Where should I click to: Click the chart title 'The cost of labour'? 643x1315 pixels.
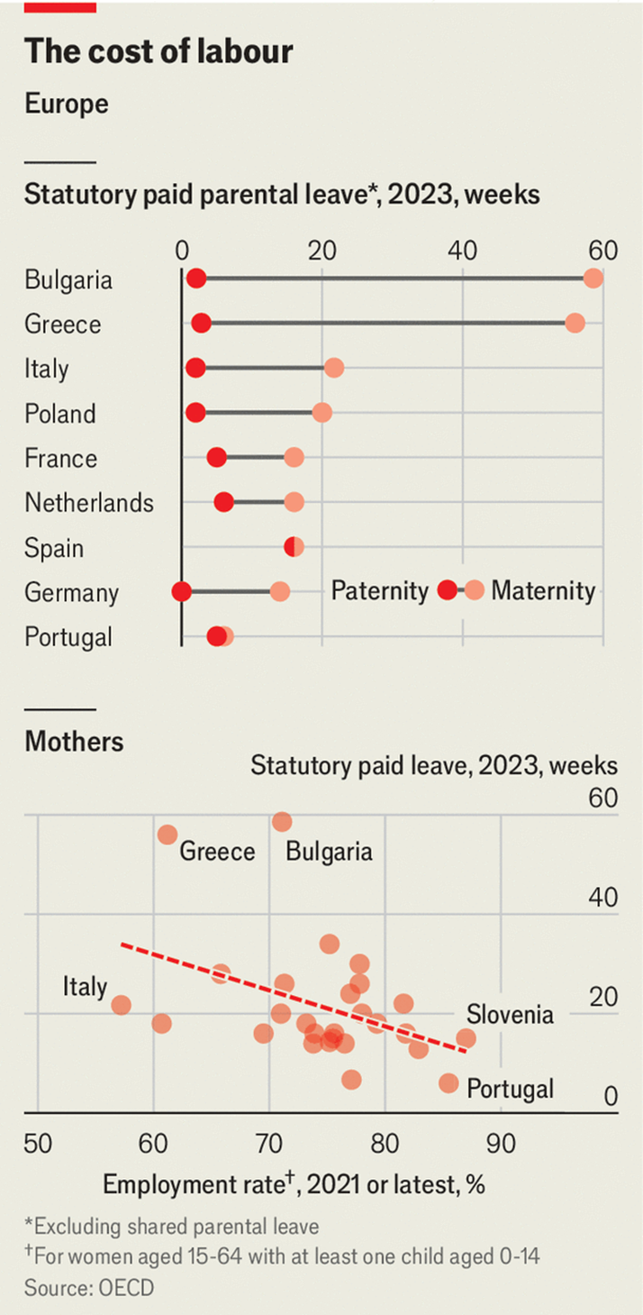(158, 52)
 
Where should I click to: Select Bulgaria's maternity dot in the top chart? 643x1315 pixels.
(593, 279)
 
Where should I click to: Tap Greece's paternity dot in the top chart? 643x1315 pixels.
(202, 324)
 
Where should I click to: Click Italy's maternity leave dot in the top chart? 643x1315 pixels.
(334, 368)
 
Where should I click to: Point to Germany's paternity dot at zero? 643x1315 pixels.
(182, 591)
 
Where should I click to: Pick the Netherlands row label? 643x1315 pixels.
(89, 502)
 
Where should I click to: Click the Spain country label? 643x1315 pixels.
(54, 547)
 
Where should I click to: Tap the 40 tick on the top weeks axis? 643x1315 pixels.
(463, 250)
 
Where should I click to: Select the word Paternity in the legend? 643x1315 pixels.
(379, 591)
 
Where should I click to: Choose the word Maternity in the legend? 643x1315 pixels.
(543, 591)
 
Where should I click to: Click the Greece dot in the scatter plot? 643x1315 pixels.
(168, 835)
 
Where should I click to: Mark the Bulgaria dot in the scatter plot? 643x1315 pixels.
(282, 822)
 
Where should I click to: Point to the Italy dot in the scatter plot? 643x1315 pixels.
(122, 1005)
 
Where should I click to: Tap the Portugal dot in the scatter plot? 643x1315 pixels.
(448, 1083)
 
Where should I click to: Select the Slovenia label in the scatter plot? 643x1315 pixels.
(510, 1014)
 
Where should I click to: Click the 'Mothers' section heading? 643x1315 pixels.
(74, 742)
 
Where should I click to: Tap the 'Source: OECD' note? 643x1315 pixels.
(89, 1288)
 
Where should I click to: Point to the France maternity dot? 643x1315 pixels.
(294, 458)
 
